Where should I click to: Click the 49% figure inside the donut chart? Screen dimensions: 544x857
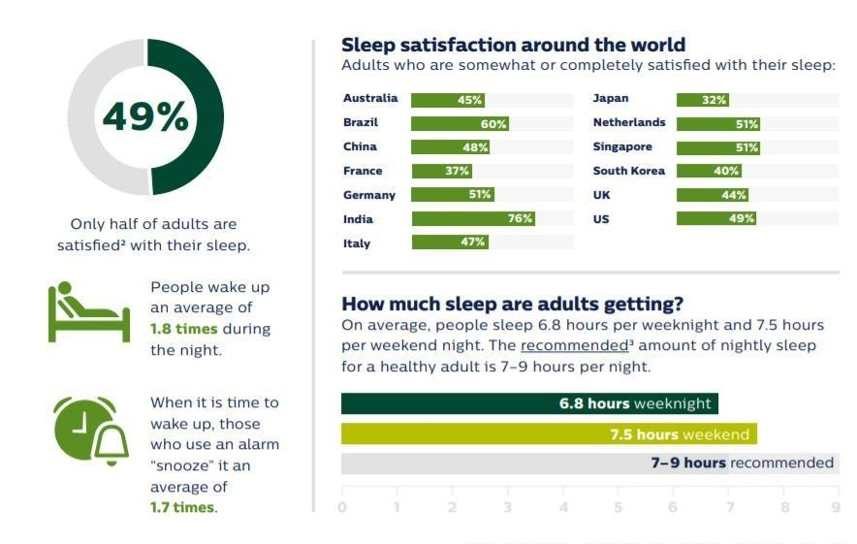tap(145, 117)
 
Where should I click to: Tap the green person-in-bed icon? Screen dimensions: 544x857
tap(88, 312)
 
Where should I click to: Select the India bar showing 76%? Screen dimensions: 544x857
tap(473, 219)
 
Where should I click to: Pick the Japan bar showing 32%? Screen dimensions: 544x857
tap(703, 100)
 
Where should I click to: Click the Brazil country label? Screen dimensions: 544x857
tap(361, 123)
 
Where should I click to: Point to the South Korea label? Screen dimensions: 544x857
tap(629, 171)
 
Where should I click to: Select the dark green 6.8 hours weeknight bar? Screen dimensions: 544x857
tap(529, 403)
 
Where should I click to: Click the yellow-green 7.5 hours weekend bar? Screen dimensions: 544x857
tap(548, 434)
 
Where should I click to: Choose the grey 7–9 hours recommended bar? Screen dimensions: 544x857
tap(588, 464)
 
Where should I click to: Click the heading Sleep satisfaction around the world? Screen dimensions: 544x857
tap(513, 45)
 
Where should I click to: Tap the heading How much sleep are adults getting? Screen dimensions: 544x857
tap(512, 304)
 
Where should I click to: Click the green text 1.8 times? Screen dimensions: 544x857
tap(185, 330)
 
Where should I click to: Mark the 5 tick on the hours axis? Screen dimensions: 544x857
tap(618, 506)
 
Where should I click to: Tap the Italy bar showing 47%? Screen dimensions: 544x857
tap(450, 242)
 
